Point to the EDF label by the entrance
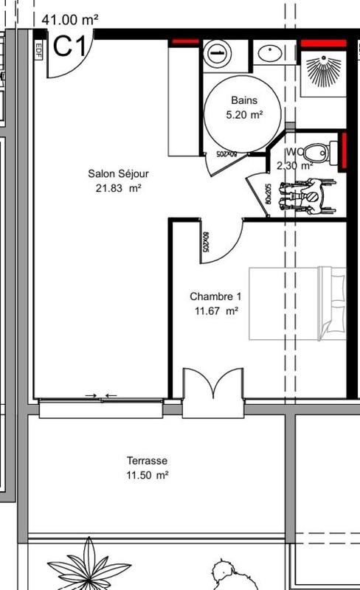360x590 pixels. tap(38, 49)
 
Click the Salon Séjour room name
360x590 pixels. tap(118, 174)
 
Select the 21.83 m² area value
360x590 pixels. tap(118, 188)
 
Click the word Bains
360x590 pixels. tap(243, 100)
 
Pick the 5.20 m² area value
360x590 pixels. tap(243, 114)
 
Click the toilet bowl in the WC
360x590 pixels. tap(317, 153)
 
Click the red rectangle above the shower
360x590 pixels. tap(323, 44)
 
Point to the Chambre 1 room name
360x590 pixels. tap(215, 296)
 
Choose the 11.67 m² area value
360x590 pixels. tap(215, 311)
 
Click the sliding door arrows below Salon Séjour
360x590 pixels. tap(101, 396)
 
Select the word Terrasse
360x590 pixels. tap(147, 461)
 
